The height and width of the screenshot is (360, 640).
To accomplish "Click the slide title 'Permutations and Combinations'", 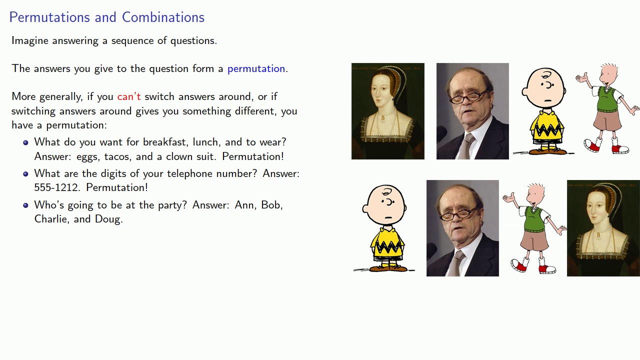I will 106,17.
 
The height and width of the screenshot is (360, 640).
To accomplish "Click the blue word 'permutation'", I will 256,68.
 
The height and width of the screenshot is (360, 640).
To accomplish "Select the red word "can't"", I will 129,96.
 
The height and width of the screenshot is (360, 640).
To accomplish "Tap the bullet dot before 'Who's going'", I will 25,205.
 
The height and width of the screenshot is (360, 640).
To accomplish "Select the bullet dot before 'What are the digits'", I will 25,174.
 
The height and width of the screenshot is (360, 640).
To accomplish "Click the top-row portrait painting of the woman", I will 387,111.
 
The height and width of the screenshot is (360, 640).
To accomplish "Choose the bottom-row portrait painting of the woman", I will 603,228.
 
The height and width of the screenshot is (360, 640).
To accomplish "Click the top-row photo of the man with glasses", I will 472,111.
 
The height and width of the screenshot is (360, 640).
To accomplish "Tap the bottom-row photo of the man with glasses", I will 462,228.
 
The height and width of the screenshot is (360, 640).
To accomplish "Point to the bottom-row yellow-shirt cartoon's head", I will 385,205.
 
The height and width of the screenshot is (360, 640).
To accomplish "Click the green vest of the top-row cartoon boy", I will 606,99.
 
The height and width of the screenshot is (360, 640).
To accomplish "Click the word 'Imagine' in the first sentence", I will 29,40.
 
